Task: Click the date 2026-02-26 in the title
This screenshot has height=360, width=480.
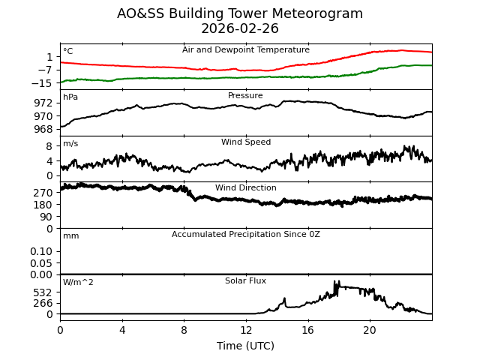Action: click(240, 28)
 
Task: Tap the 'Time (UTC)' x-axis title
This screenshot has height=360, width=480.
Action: click(246, 346)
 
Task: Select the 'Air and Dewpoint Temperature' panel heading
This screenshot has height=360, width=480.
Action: click(246, 50)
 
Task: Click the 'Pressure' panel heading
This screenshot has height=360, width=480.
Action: click(246, 96)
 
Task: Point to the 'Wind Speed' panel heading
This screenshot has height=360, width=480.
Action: click(246, 142)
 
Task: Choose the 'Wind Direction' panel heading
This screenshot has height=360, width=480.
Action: click(246, 188)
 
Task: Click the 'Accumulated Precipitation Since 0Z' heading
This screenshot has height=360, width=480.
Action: click(246, 235)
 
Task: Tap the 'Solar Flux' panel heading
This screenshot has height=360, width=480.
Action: click(246, 281)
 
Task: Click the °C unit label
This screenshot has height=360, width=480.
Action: click(68, 52)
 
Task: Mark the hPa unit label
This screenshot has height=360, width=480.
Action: click(70, 97)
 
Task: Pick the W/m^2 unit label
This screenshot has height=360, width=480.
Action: click(78, 283)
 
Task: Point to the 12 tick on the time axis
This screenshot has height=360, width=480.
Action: click(246, 330)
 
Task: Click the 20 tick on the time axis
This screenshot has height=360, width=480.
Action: click(370, 330)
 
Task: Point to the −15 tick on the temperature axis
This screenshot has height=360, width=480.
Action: click(42, 83)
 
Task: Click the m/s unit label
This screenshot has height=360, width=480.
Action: click(70, 144)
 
